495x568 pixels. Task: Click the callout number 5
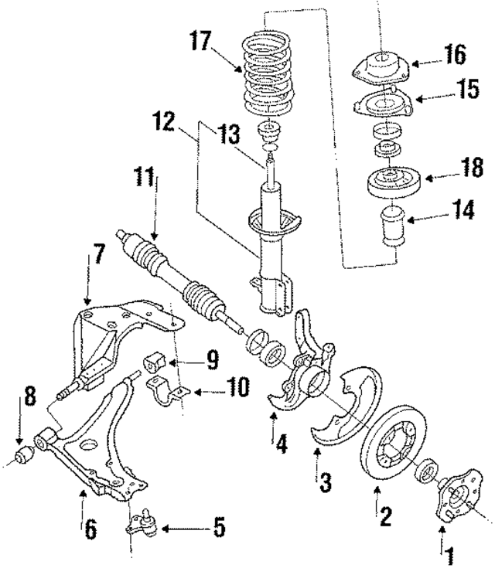pyautogui.click(x=219, y=529)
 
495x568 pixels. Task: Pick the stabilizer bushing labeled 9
pyautogui.click(x=156, y=360)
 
